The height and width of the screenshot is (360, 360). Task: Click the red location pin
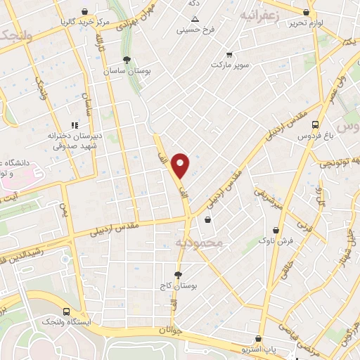(x=181, y=165)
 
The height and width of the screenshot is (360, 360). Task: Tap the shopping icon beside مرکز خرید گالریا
(x=84, y=11)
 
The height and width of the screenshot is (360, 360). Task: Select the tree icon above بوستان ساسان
(x=127, y=60)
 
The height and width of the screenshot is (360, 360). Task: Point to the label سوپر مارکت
(x=230, y=65)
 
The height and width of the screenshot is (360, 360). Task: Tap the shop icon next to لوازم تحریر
(x=306, y=12)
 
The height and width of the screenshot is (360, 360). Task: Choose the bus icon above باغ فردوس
(x=316, y=125)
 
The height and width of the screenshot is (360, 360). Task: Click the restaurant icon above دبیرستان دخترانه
(x=76, y=125)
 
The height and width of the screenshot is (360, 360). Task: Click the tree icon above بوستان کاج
(x=179, y=275)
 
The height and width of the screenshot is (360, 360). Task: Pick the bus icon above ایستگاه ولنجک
(x=66, y=311)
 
